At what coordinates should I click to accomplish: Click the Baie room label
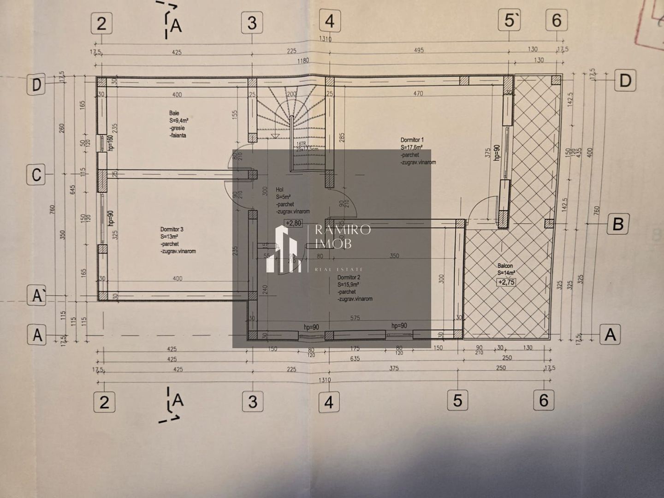(x=174, y=113)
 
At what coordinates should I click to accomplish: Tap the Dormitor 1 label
(x=412, y=140)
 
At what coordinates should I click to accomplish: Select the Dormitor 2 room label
(x=349, y=278)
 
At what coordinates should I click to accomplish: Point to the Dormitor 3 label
(x=172, y=229)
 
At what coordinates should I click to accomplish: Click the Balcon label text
(x=505, y=266)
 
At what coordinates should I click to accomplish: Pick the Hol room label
(x=279, y=190)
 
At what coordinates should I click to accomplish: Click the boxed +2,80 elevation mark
(x=293, y=223)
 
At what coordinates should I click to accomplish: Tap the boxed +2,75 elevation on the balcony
(x=506, y=282)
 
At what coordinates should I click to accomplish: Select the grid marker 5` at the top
(x=510, y=21)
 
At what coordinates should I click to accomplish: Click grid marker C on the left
(x=36, y=175)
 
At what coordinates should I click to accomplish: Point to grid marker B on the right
(x=618, y=224)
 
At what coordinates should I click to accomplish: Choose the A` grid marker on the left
(x=37, y=296)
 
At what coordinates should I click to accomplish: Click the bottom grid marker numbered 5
(x=457, y=400)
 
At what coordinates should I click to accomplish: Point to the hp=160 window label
(x=110, y=143)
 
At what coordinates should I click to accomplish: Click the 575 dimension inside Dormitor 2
(x=355, y=318)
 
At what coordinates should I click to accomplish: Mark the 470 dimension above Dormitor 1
(x=418, y=94)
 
